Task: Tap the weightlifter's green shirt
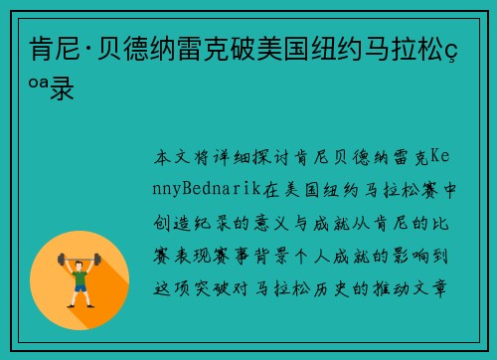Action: pos(81,274)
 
